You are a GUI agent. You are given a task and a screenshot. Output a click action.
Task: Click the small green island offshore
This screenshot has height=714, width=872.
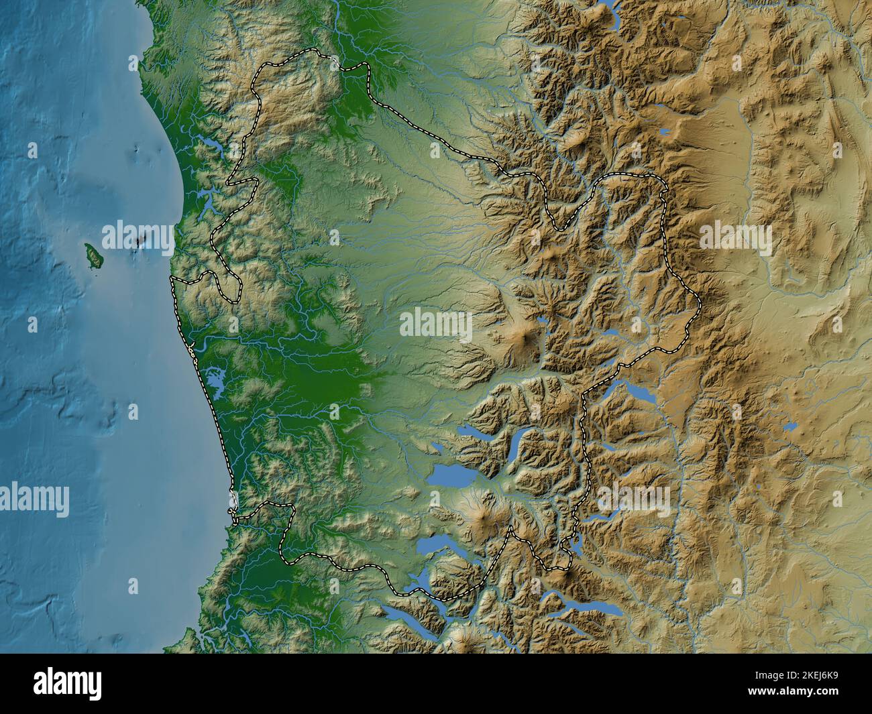point(91,255)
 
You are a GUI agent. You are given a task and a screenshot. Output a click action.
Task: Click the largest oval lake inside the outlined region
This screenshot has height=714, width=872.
point(451,475)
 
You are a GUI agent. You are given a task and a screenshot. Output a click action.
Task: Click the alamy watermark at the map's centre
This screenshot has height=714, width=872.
point(436,325)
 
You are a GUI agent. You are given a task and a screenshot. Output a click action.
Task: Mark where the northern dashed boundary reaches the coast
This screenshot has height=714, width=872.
point(172,277)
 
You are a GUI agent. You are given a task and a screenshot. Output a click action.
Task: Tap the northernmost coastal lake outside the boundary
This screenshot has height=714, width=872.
point(209,145)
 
